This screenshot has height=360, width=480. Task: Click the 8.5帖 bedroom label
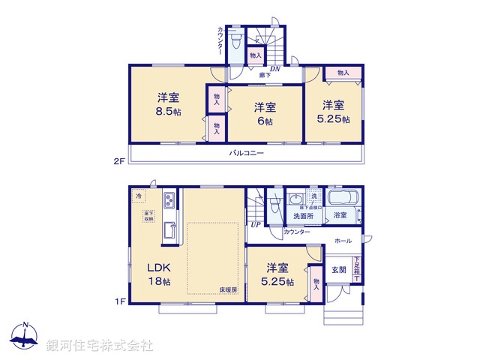168,105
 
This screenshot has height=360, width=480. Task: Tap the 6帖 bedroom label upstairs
262,112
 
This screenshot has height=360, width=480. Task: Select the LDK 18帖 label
160,274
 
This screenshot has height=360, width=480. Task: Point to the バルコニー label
247,153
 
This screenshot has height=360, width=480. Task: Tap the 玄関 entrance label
338,270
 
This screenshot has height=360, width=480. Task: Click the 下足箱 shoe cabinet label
358,268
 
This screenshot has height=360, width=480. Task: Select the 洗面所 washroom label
303,215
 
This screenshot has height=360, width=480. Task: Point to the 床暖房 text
228,289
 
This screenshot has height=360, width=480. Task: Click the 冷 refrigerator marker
139,196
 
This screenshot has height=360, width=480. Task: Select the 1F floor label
118,301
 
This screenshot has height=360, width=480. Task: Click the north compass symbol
25,337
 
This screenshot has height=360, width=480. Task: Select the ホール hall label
343,241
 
